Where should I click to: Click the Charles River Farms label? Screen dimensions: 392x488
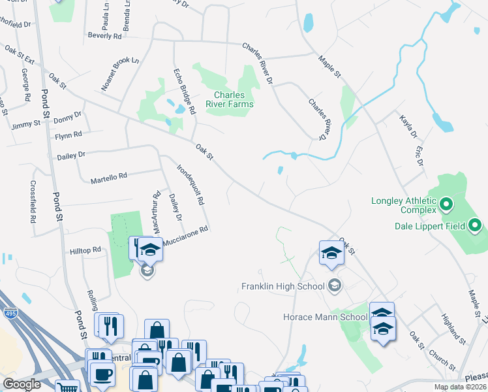[x=230, y=99]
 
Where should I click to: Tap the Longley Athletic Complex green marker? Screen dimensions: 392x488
[x=447, y=206]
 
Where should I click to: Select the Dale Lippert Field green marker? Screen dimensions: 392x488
[x=476, y=226]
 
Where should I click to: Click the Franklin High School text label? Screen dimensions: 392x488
[x=282, y=286]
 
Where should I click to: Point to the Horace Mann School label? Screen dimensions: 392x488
[x=325, y=317]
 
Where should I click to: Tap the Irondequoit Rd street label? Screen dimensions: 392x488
[x=191, y=183]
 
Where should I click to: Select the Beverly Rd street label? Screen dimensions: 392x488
[x=104, y=36]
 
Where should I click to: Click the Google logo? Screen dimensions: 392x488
[x=22, y=384]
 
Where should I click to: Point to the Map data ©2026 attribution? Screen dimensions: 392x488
[x=459, y=387]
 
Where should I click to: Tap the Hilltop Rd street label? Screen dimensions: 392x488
[x=85, y=250]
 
